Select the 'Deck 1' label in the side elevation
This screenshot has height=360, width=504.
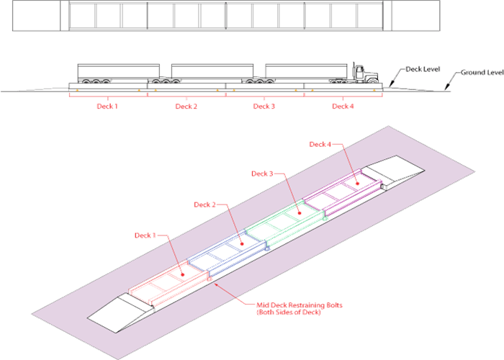[x=107, y=106]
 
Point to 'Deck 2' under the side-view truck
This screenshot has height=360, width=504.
[x=186, y=106]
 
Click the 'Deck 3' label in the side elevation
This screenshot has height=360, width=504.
[x=264, y=106]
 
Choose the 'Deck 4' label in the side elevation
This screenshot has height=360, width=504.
[x=343, y=106]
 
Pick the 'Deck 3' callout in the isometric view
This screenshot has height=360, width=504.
[x=262, y=174]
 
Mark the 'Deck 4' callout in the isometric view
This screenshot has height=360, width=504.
[x=320, y=144]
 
